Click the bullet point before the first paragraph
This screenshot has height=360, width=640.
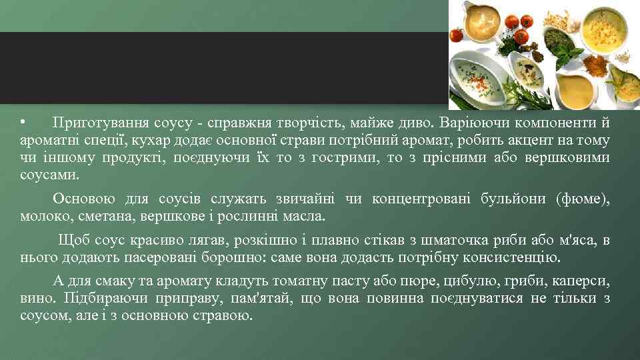coord(23,123)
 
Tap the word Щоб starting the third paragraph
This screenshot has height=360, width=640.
coord(71,240)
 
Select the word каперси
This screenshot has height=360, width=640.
coord(581,281)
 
